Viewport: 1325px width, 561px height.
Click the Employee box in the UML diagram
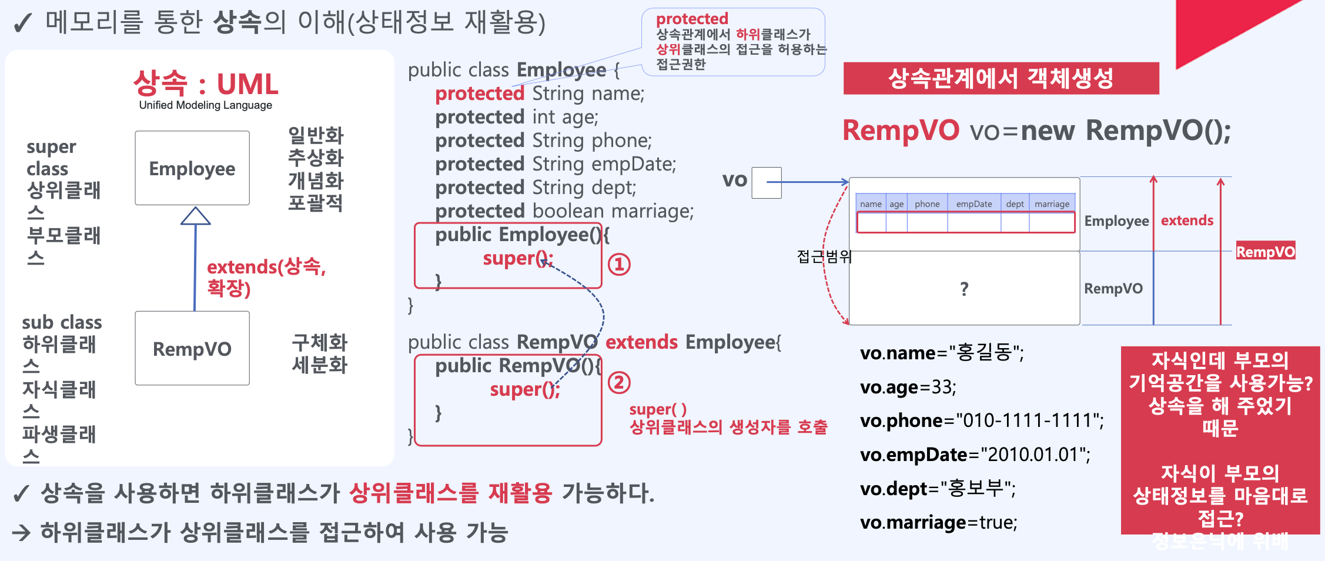(192, 168)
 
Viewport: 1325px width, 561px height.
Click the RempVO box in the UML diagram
(192, 348)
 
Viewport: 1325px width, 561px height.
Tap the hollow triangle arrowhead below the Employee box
(195, 216)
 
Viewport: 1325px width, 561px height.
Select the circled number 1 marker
(618, 265)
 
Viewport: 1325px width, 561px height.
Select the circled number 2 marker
(618, 383)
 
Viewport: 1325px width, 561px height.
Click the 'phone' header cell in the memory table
(927, 204)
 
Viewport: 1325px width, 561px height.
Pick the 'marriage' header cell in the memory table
(1052, 204)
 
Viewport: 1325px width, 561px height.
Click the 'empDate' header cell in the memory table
(973, 204)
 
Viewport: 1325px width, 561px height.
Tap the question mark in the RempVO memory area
(964, 289)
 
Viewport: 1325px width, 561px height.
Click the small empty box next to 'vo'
(766, 183)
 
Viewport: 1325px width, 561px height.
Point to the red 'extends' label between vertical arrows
(1187, 221)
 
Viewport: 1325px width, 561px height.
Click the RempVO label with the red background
(1265, 252)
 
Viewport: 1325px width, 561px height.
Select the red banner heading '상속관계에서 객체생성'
(1001, 78)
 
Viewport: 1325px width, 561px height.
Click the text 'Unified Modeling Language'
(205, 105)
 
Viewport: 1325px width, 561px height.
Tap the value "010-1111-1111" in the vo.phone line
(1029, 420)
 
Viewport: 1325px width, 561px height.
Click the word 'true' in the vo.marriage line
(998, 522)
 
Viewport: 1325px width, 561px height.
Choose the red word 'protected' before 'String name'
(479, 93)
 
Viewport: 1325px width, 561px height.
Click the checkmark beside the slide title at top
(22, 24)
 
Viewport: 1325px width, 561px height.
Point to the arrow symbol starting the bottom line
(21, 533)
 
